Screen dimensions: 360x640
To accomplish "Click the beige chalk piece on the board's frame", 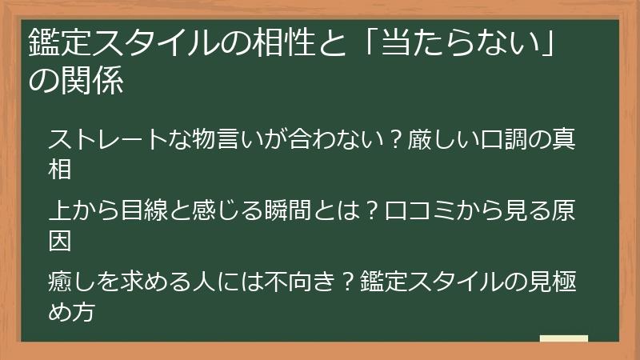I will (x=563, y=338).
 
